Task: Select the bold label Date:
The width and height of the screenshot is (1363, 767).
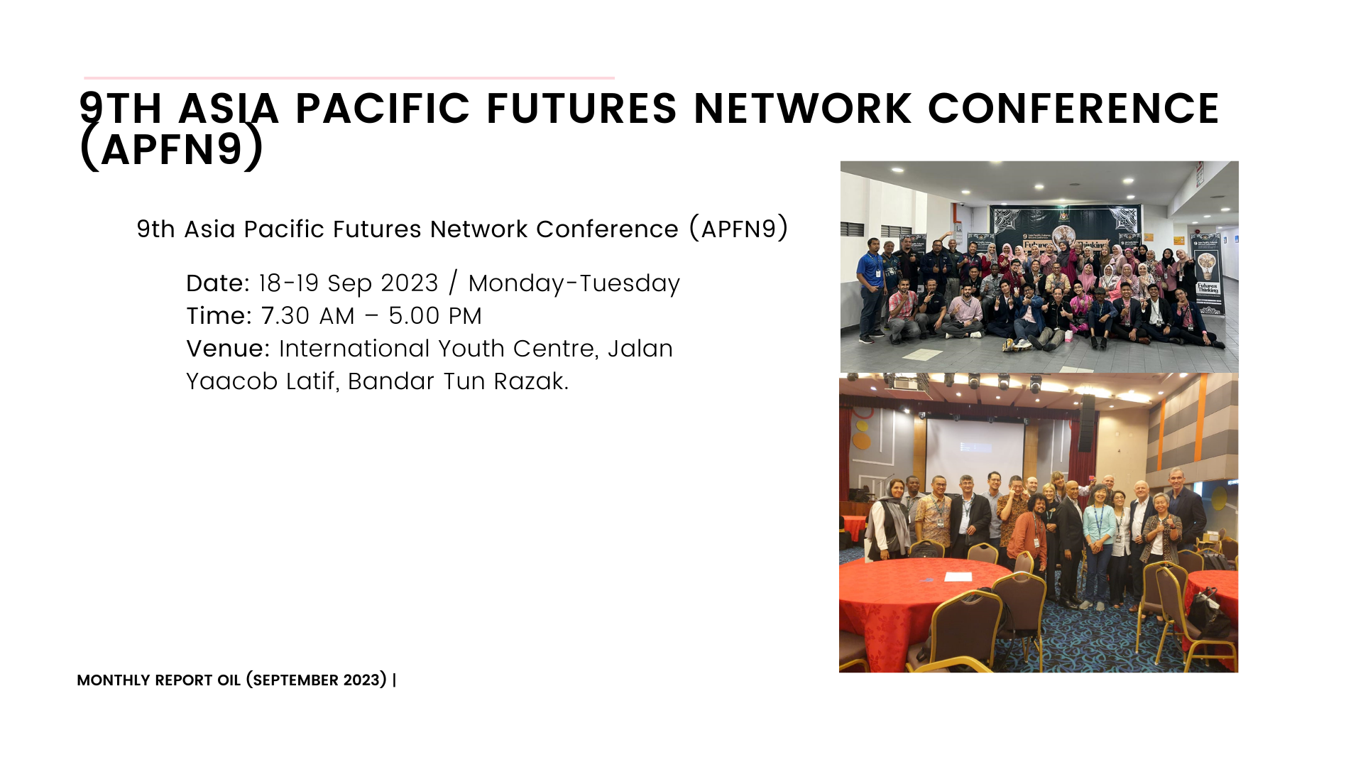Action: (x=218, y=283)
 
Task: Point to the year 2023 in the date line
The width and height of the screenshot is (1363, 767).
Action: (x=410, y=283)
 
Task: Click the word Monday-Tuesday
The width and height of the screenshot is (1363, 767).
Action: (x=574, y=284)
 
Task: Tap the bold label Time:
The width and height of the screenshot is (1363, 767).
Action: (x=219, y=316)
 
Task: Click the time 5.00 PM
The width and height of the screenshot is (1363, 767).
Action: (x=435, y=316)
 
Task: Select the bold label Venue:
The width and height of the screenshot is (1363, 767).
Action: (x=228, y=349)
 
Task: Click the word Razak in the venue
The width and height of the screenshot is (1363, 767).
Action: (x=531, y=381)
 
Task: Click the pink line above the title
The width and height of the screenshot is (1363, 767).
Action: (x=349, y=77)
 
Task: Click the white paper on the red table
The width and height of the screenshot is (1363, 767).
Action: (x=958, y=576)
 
